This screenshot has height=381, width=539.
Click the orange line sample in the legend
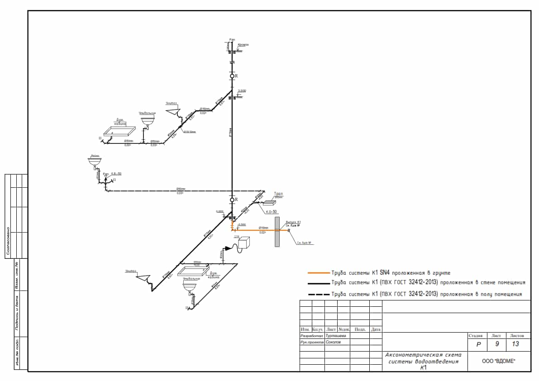pos(318,273)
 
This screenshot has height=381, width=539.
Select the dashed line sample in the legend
pos(318,294)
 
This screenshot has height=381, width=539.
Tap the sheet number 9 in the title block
pos(496,344)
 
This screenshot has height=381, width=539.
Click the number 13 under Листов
pos(515,344)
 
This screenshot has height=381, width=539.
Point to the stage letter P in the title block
pos(478,344)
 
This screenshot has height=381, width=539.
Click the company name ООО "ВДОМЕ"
pos(499,361)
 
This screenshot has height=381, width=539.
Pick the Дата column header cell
pos(376,329)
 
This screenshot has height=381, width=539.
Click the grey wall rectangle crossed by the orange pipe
pos(277,234)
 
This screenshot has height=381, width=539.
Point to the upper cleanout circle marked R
pos(232,76)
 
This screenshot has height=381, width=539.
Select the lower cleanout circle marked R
pos(232,200)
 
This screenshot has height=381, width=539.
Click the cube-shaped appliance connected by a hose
pos(244,243)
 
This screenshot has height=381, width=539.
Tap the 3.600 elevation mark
pos(242,91)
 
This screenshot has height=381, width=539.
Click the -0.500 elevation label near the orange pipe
pos(242,224)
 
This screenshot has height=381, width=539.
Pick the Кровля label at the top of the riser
pos(243,45)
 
